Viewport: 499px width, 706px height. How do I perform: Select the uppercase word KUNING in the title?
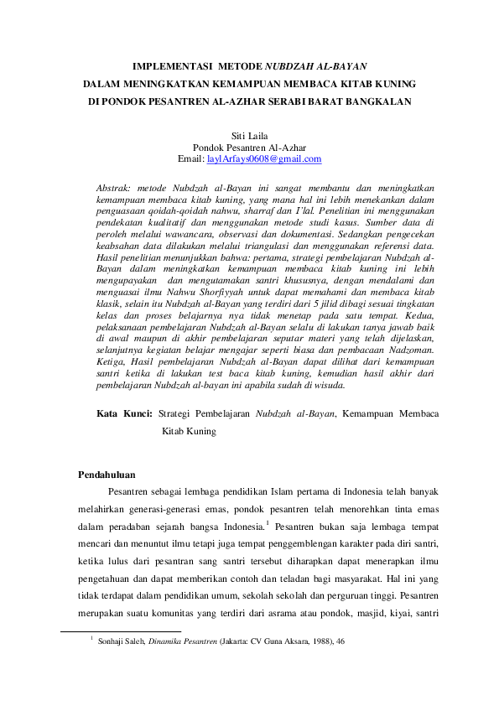point(393,84)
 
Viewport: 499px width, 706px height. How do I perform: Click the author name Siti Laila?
point(249,135)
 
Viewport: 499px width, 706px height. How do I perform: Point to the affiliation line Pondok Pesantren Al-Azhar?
point(249,147)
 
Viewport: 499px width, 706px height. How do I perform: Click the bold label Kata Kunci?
point(124,414)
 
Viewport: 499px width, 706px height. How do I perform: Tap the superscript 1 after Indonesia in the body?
point(267,522)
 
